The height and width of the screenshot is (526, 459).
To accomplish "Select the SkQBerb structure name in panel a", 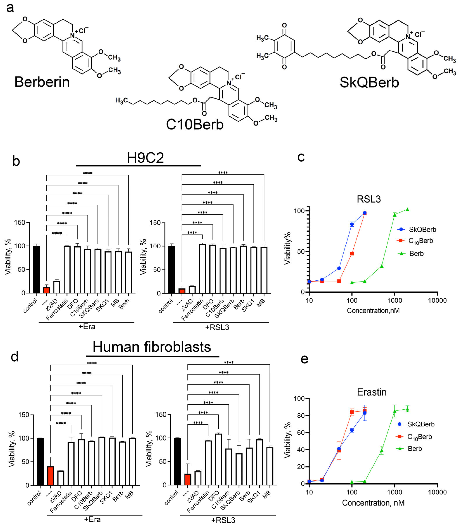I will (369, 83).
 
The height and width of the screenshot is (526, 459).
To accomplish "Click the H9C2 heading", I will (145, 158).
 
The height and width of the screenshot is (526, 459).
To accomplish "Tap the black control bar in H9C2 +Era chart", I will (36, 270).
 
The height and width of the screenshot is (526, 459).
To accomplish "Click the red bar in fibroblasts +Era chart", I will (50, 476).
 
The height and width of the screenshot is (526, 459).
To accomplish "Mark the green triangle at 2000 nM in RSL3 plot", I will (407, 210).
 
